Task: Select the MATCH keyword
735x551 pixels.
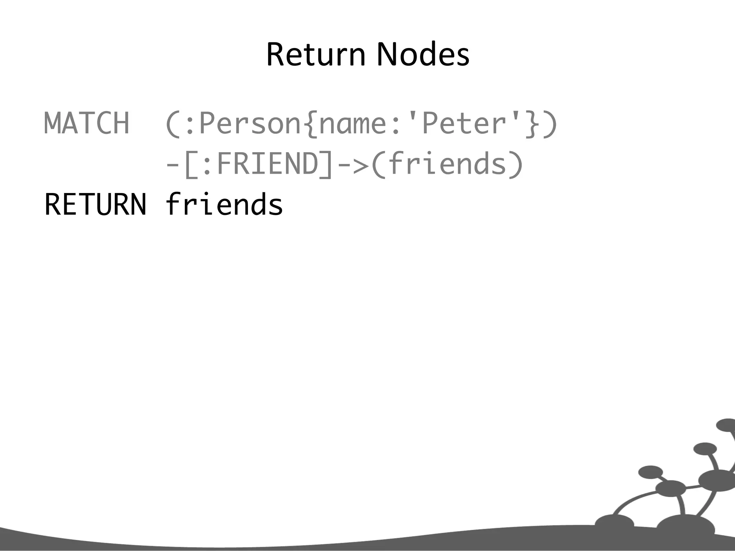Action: click(86, 123)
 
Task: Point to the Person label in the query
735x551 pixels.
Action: click(250, 123)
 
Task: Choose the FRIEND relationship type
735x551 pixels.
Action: click(268, 164)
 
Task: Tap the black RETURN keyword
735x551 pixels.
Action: click(95, 204)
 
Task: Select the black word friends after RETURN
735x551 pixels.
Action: click(224, 204)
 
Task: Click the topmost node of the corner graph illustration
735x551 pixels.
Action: click(726, 425)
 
